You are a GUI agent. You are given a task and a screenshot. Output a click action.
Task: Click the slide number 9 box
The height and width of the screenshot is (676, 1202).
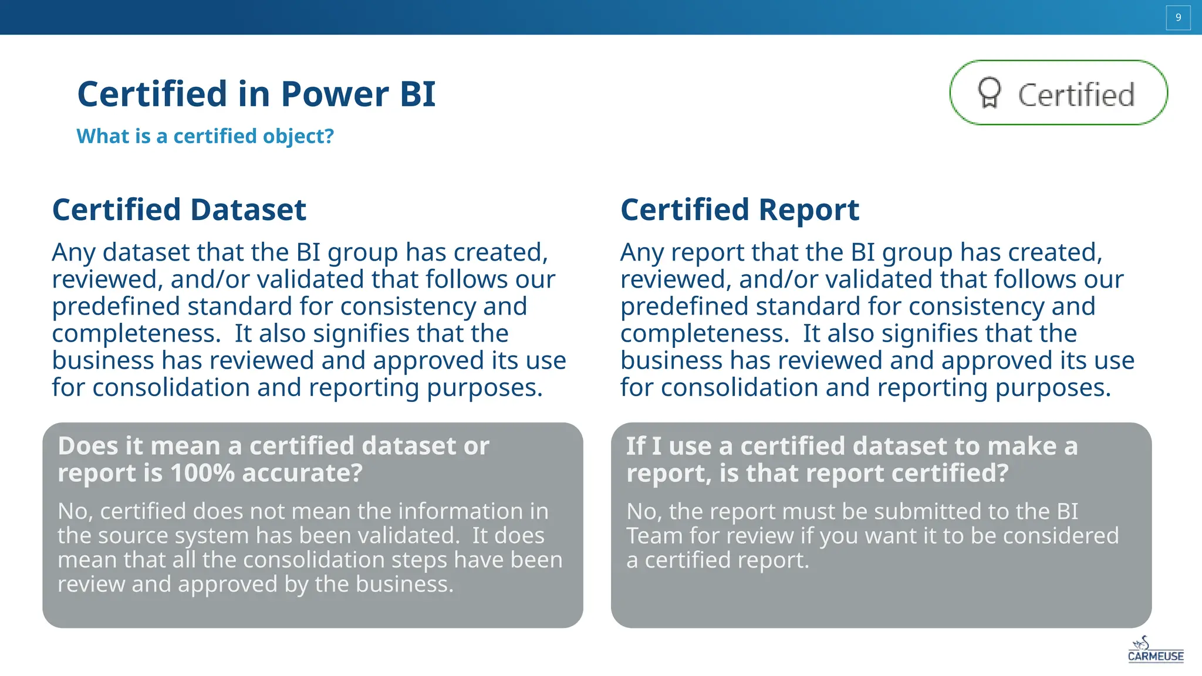1177,18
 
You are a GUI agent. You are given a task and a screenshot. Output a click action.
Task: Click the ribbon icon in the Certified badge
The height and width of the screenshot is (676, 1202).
989,93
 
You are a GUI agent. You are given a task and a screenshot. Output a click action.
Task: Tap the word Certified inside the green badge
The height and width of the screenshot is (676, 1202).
1076,95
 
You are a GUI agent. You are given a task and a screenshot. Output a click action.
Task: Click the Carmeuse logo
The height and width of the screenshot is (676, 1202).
1155,650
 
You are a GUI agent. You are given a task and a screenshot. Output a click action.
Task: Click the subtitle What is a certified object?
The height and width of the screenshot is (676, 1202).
205,136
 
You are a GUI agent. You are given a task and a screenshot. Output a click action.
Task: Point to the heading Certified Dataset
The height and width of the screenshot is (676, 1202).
179,209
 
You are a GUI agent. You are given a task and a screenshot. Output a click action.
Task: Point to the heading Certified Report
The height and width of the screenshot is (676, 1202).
740,209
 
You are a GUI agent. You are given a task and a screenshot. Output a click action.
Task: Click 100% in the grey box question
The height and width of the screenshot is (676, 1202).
202,473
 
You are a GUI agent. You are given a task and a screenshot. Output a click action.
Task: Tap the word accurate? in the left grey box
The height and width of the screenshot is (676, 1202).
302,473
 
